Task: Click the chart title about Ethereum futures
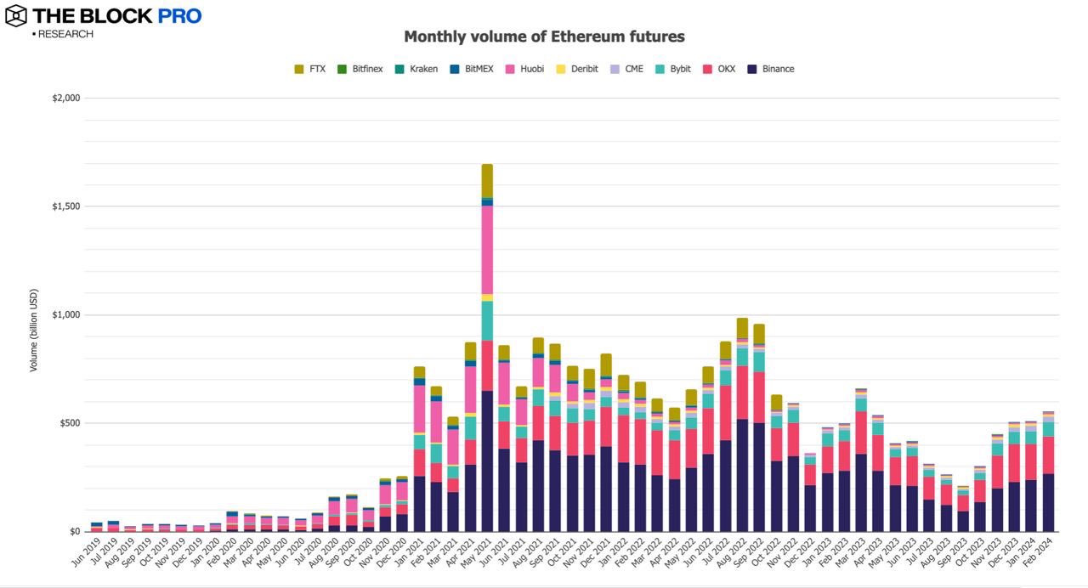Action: (x=544, y=37)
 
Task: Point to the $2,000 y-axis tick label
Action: (x=65, y=98)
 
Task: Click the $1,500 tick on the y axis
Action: (x=65, y=206)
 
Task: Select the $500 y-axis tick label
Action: (x=68, y=423)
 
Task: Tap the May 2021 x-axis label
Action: (x=478, y=555)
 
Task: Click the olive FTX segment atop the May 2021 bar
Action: (x=487, y=180)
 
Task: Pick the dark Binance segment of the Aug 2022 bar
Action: (x=742, y=476)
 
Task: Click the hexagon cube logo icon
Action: (x=16, y=15)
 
